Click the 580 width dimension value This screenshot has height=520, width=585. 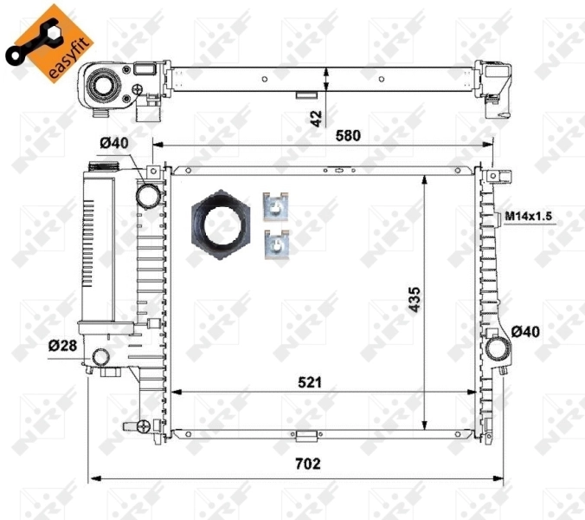349,135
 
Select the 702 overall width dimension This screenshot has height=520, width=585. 306,464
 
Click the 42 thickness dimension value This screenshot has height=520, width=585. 316,116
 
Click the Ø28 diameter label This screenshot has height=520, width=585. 61,345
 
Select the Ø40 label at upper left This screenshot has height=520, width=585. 112,145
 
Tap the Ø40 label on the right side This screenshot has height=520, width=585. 526,330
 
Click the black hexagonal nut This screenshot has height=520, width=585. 222,222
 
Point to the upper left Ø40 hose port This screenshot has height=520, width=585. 149,195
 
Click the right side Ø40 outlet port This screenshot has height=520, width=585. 498,348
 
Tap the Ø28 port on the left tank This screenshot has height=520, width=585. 102,356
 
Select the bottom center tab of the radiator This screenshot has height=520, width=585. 304,436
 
